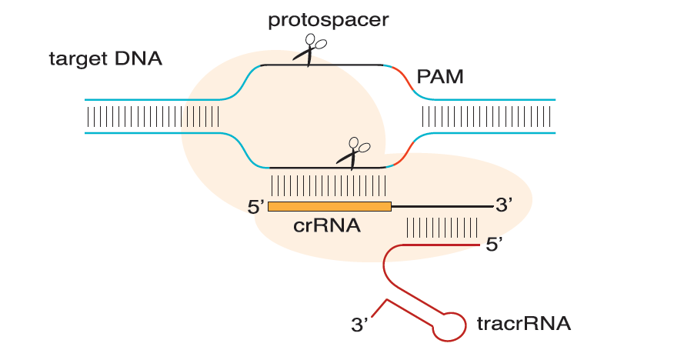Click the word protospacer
329,21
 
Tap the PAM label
440,77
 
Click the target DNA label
105,59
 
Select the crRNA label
327,225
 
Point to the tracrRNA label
524,324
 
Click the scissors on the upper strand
310,50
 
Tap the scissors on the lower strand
353,153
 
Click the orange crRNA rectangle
330,207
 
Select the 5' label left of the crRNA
255,207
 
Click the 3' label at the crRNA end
504,205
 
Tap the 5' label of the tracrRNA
494,245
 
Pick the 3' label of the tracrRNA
360,325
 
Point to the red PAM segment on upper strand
405,79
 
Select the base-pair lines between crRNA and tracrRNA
442,227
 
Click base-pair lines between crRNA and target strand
329,185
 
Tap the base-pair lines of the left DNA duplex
153,116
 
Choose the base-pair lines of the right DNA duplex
486,116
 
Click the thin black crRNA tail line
442,207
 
